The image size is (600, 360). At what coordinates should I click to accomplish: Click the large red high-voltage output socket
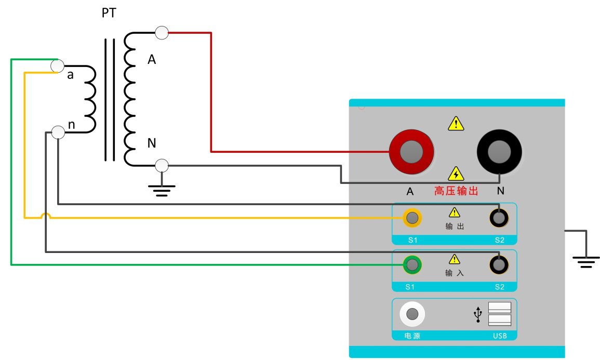[x=411, y=152]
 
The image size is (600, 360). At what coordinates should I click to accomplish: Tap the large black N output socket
[x=499, y=152]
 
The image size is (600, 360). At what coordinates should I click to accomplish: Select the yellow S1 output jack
[x=412, y=218]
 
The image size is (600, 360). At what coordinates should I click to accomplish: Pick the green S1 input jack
[x=412, y=265]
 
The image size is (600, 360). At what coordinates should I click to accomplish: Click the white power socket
[x=412, y=314]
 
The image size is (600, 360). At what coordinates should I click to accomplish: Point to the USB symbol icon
[x=477, y=314]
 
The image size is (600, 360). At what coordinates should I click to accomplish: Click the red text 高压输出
[x=456, y=191]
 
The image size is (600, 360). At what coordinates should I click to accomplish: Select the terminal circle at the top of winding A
[x=162, y=33]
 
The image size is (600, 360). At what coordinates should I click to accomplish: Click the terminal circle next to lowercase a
[x=57, y=66]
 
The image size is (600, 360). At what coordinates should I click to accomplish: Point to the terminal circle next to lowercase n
[x=58, y=132]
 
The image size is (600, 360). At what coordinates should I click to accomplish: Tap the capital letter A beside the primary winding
[x=152, y=60]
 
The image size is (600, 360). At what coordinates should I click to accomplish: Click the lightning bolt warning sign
[x=456, y=174]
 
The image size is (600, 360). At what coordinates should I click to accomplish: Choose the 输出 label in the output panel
[x=455, y=226]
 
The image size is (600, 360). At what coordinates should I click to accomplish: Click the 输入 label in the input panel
[x=455, y=273]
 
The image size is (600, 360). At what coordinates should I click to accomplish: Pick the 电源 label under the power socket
[x=412, y=336]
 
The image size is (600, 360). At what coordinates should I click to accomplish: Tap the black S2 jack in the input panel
[x=499, y=265]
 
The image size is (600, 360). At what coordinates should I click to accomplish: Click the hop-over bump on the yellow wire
[x=46, y=215]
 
